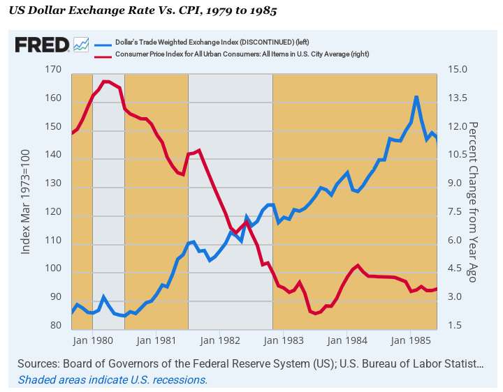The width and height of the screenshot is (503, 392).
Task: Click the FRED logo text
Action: coord(42,45)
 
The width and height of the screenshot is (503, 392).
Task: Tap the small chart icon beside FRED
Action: coord(81,45)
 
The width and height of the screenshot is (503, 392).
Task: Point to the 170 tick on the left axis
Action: coord(52,70)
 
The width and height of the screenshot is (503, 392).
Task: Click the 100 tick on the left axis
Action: coord(52,269)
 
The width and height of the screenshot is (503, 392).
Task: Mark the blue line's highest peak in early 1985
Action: coord(416,97)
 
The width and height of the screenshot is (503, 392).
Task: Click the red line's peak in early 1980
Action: coord(105,82)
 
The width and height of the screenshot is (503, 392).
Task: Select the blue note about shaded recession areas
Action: coord(112,380)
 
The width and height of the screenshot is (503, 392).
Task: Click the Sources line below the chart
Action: coord(250,364)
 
